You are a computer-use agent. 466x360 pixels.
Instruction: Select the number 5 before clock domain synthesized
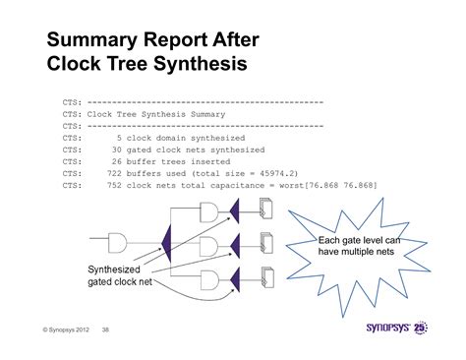118,138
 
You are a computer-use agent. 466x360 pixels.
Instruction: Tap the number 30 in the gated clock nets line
116,150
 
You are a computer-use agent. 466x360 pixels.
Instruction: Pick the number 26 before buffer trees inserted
116,161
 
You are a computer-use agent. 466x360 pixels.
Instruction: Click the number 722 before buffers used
113,173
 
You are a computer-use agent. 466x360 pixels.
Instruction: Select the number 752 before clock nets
113,185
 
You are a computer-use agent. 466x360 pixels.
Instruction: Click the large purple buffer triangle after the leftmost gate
166,240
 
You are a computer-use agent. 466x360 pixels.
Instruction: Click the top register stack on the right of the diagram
266,210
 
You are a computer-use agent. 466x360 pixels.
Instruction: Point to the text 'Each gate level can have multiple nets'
360,245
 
